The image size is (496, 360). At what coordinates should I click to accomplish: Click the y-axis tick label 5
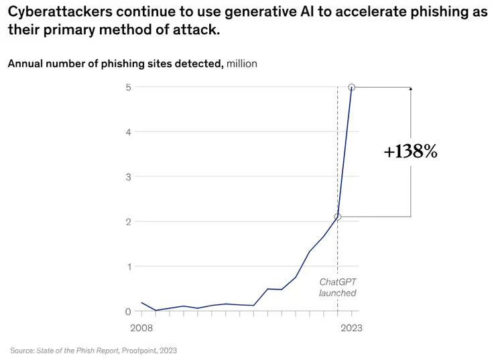[128, 87]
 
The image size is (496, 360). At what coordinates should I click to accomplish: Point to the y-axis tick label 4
[128, 132]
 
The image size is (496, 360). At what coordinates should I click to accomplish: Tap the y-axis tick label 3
[128, 177]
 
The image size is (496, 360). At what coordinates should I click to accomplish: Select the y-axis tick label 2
[128, 222]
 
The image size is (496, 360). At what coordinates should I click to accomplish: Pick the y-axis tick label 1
[128, 267]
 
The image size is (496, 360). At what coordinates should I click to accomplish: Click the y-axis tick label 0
[128, 312]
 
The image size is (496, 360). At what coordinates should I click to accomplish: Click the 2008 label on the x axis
[141, 328]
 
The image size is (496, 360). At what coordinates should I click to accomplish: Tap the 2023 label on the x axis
[351, 328]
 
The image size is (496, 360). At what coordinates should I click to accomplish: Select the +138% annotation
[410, 152]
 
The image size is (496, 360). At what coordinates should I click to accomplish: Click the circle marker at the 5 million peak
[351, 87]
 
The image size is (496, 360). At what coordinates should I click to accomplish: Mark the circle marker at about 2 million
[338, 217]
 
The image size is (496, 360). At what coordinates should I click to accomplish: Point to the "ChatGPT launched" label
[337, 288]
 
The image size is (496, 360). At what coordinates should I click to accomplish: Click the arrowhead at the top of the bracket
[410, 88]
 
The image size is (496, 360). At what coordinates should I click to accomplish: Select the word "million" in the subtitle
[242, 64]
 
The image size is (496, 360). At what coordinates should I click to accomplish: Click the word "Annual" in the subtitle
[25, 64]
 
